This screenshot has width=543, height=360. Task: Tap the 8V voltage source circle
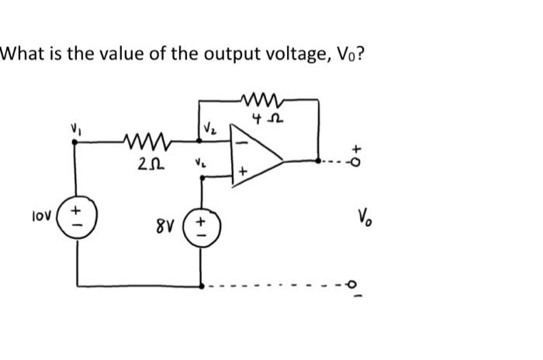click(x=202, y=228)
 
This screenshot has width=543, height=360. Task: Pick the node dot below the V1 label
click(x=76, y=144)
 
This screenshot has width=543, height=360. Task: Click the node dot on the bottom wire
click(x=202, y=286)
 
